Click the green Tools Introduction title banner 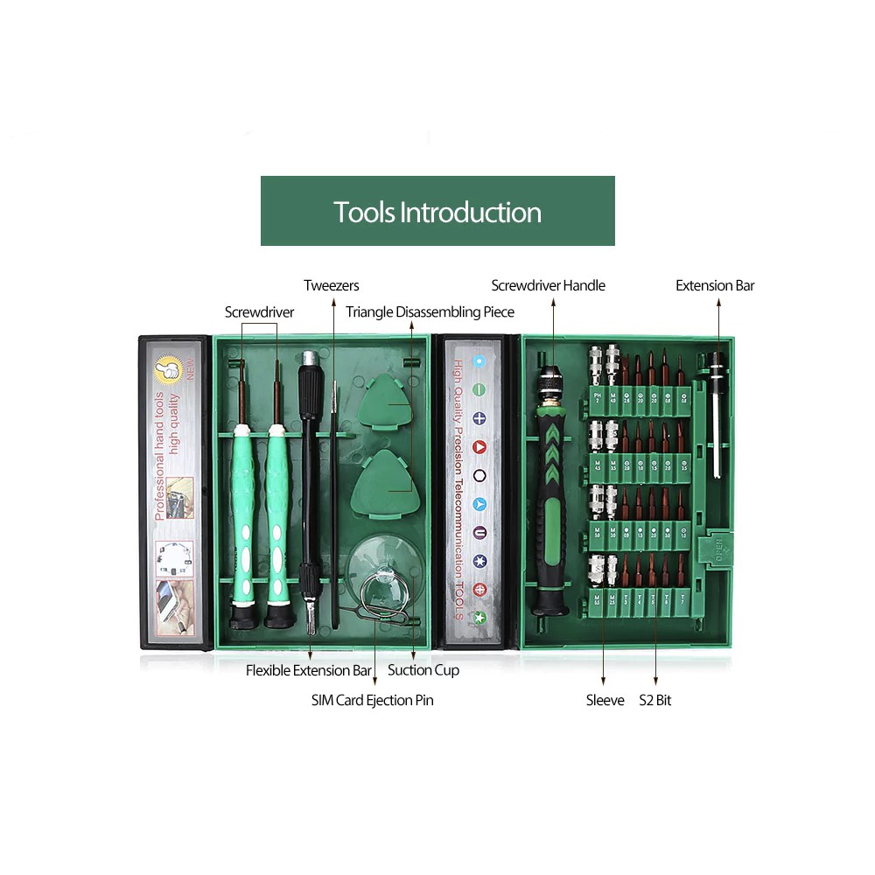(437, 211)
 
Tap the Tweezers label (332, 285)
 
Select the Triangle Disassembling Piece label (430, 312)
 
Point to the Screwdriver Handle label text (548, 285)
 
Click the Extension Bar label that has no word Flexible (715, 285)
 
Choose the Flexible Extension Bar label (309, 670)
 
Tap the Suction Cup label (423, 670)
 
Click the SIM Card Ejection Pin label (372, 700)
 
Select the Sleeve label (605, 700)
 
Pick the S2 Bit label (655, 700)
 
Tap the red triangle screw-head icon (479, 447)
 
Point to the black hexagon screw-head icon (479, 475)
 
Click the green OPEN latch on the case (718, 548)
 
